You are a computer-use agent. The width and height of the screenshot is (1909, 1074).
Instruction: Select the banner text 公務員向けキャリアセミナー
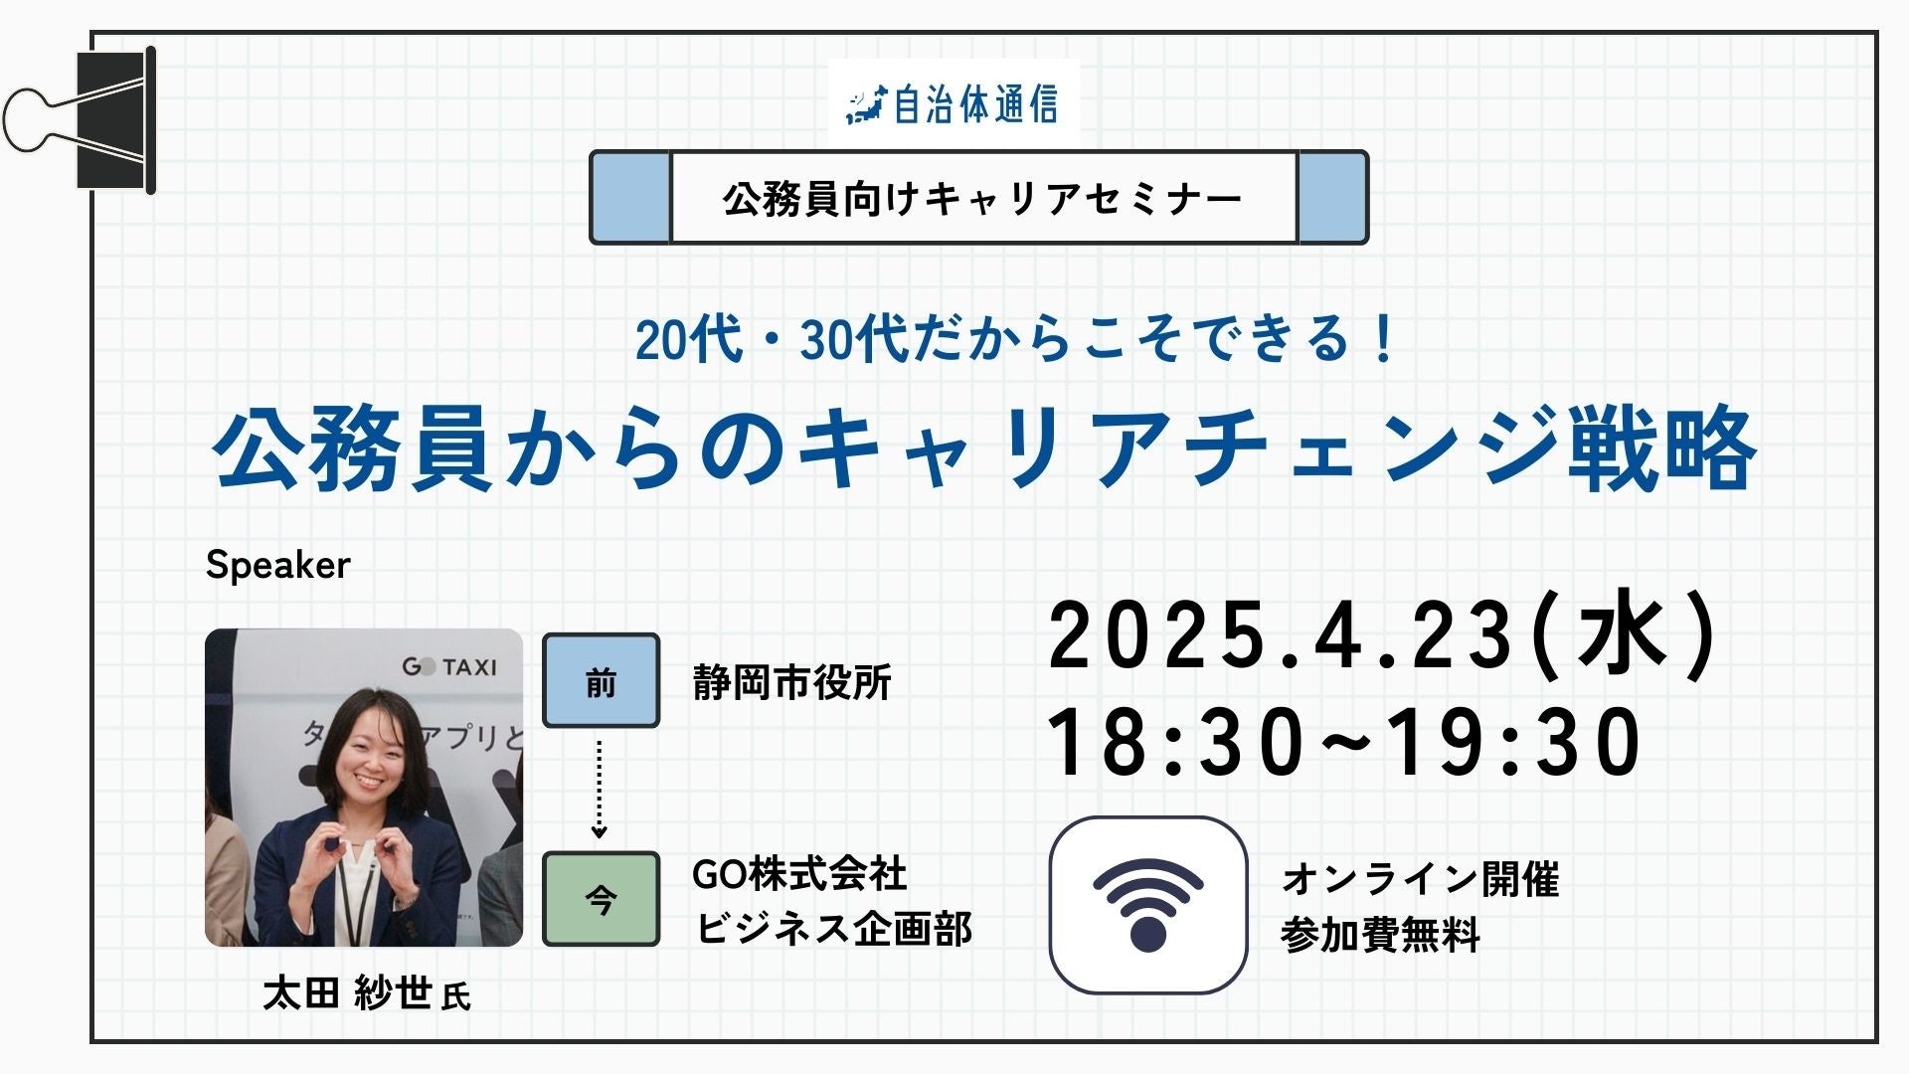click(x=982, y=199)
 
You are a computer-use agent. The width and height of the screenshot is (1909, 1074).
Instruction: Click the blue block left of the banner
click(x=630, y=197)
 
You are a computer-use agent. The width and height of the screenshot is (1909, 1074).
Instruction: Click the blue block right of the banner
click(x=1332, y=197)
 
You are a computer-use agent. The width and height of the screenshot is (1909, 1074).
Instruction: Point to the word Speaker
click(x=278, y=565)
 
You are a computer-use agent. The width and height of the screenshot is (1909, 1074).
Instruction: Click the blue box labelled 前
click(x=601, y=681)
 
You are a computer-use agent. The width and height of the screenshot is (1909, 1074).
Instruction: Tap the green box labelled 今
click(x=601, y=898)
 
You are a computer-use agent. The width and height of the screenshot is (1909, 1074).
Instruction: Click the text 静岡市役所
click(x=791, y=683)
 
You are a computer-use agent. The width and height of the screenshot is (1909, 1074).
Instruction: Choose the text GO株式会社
click(x=799, y=874)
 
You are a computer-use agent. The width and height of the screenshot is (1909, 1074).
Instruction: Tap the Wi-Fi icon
click(x=1148, y=905)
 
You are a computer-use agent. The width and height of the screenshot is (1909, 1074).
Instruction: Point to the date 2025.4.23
click(x=1281, y=635)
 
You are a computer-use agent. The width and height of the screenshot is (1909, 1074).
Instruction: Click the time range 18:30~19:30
click(x=1344, y=742)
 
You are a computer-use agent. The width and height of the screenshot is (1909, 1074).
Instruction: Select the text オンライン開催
click(x=1421, y=879)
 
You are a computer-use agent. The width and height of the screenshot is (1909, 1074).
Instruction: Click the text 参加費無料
click(x=1380, y=934)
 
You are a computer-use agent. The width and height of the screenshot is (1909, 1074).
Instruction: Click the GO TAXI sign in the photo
click(x=448, y=666)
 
